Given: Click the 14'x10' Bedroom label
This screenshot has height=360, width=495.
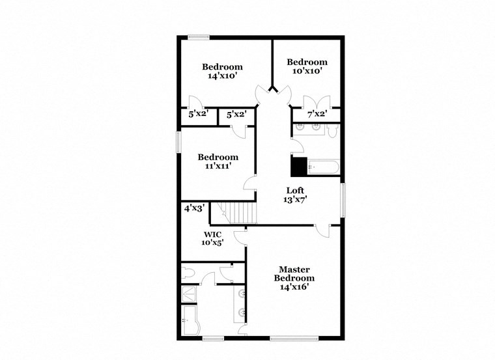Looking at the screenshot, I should tap(222, 71).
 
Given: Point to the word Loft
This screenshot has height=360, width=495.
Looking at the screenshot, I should tap(296, 190).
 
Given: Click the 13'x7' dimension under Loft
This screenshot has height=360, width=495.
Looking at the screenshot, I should tap(296, 199).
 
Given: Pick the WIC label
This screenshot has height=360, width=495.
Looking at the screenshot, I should tap(213, 234).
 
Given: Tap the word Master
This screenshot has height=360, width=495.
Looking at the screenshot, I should tap(294, 270).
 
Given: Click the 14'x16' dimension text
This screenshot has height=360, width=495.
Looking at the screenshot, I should tap(294, 286).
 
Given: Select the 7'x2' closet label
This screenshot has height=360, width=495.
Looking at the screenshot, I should tap(317, 115).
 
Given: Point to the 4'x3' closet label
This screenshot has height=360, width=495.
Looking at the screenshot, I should tap(194, 209).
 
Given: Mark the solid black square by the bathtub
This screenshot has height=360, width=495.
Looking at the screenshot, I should tap(298, 167).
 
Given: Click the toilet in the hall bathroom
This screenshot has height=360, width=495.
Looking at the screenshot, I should tap(332, 132).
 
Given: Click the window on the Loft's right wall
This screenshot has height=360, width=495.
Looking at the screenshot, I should tap(342, 201).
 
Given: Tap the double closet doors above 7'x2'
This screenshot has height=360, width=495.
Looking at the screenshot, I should tap(317, 102).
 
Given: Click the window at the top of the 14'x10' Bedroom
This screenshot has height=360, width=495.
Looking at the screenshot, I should tap(198, 36).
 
